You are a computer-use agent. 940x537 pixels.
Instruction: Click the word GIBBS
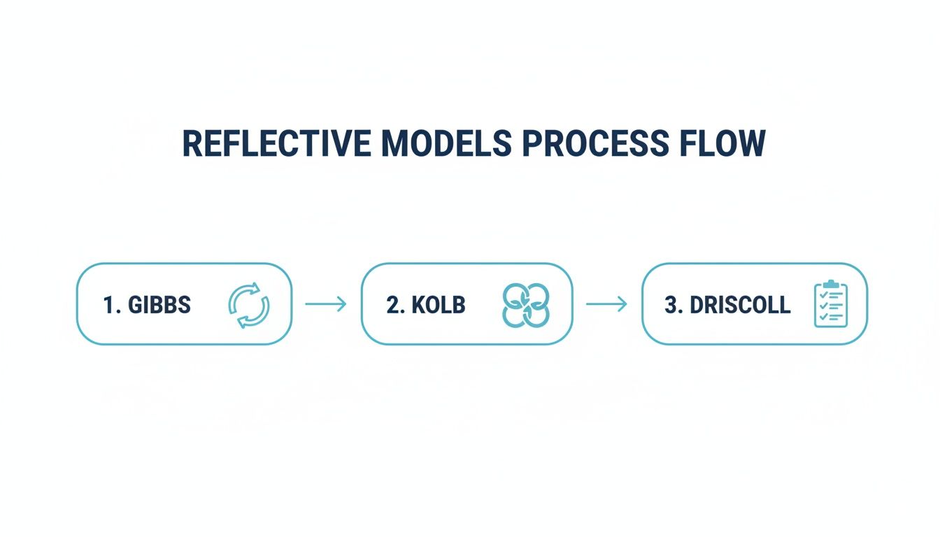pyautogui.click(x=159, y=305)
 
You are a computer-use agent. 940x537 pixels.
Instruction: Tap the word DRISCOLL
pyautogui.click(x=739, y=305)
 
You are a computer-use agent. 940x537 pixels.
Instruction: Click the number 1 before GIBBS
pyautogui.click(x=108, y=305)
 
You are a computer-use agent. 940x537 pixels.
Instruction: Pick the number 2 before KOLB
pyautogui.click(x=391, y=305)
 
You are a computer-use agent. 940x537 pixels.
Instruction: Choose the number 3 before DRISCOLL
pyautogui.click(x=672, y=305)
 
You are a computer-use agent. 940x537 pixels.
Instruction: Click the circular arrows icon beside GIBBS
pyautogui.click(x=249, y=305)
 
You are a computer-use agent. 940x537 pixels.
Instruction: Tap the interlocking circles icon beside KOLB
pyautogui.click(x=526, y=305)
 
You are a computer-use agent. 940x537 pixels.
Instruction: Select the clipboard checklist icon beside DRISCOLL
pyautogui.click(x=831, y=304)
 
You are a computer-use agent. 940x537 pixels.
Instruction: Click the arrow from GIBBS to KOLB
pyautogui.click(x=326, y=304)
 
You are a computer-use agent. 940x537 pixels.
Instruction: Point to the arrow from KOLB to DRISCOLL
pyautogui.click(x=606, y=304)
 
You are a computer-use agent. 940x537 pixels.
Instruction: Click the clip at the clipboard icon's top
pyautogui.click(x=831, y=285)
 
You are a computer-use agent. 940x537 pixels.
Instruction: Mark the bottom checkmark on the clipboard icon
pyautogui.click(x=823, y=317)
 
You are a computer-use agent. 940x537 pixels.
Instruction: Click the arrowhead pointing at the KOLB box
pyautogui.click(x=343, y=304)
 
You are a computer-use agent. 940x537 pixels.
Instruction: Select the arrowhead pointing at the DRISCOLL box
pyautogui.click(x=622, y=304)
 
